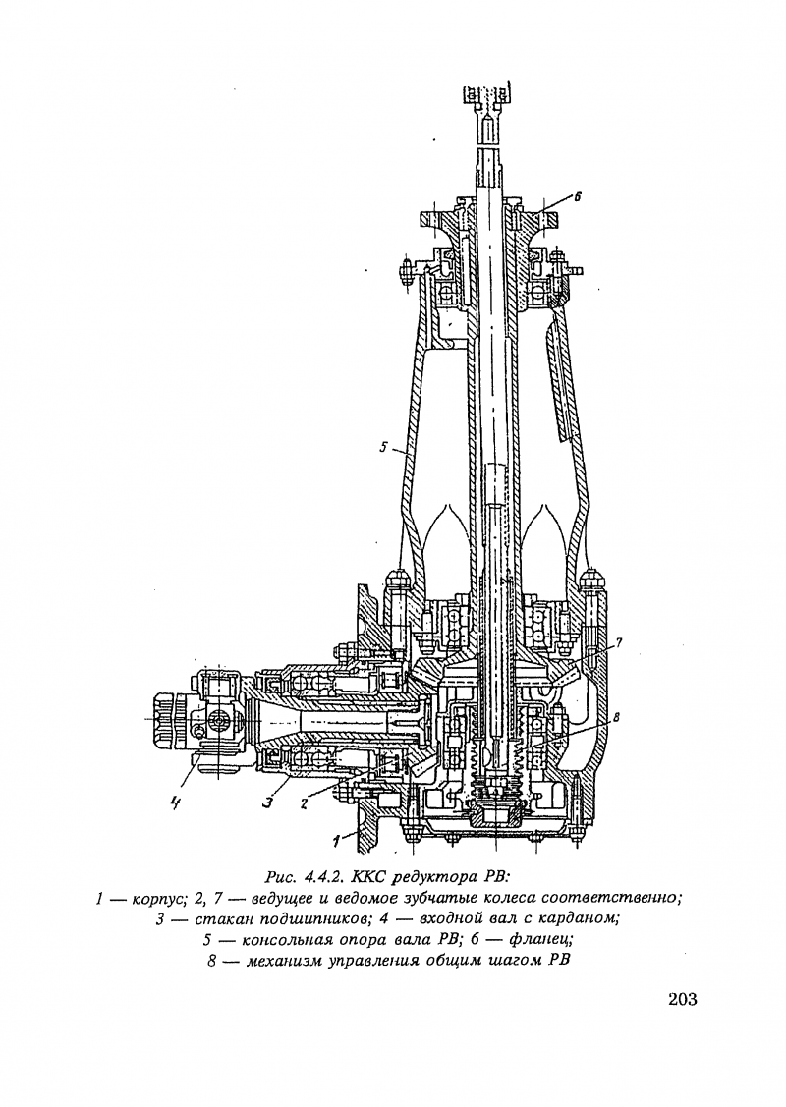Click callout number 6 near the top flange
coord(577,197)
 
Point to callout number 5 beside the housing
coord(383,446)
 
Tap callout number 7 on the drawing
coord(618,642)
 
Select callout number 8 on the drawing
coord(616,717)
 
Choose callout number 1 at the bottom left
coord(338,840)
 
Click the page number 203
coord(682,999)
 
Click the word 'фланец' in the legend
coord(540,940)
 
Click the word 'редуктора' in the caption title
coord(430,878)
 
